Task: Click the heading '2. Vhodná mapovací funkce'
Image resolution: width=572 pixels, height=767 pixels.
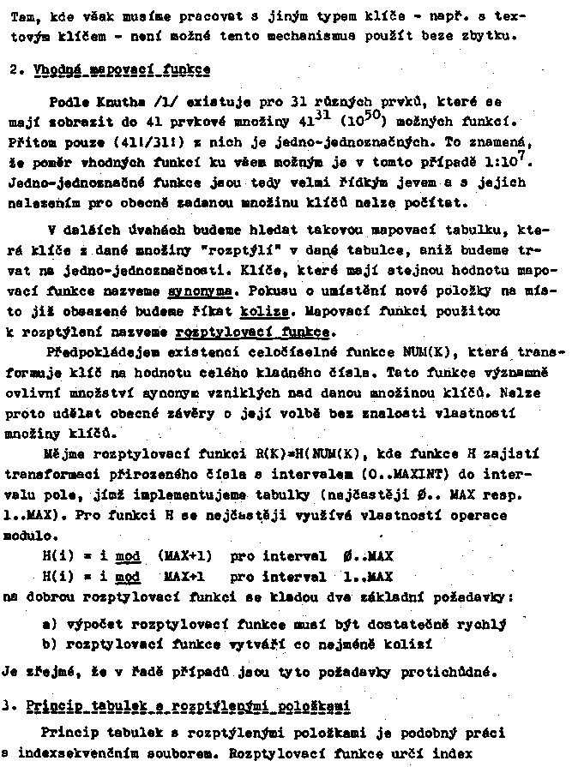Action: coord(116,69)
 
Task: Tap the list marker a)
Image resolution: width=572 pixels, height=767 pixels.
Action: coord(51,623)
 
